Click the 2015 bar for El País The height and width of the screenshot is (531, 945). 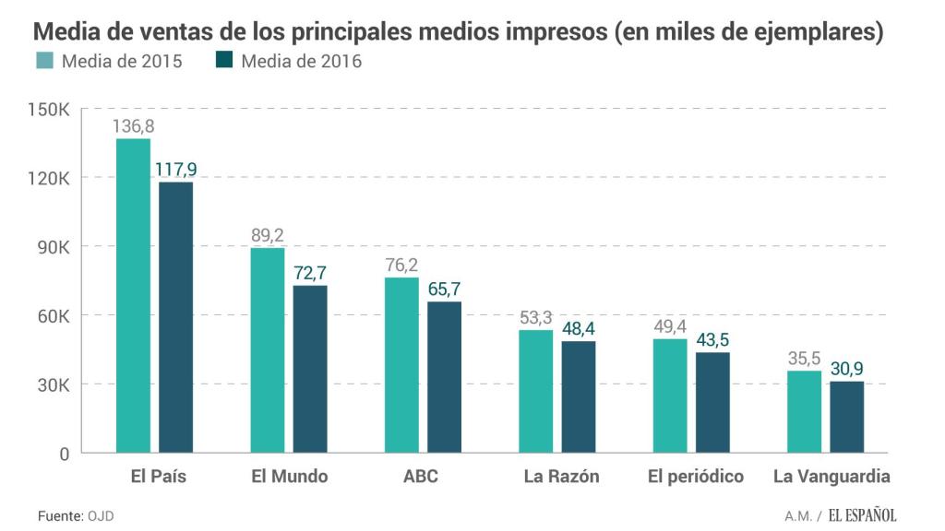pyautogui.click(x=133, y=295)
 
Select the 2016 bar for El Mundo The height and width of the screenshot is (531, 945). pyautogui.click(x=310, y=369)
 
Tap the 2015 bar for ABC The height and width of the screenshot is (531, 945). pyautogui.click(x=401, y=365)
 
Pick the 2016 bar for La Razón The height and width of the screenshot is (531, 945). pyautogui.click(x=579, y=396)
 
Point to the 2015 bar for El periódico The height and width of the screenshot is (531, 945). pyautogui.click(x=670, y=396)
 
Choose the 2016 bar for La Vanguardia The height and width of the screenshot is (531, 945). pyautogui.click(x=846, y=417)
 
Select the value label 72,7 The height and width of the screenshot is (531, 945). pyautogui.click(x=310, y=274)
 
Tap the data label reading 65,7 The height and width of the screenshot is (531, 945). pyautogui.click(x=444, y=289)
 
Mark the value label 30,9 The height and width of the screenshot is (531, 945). pyautogui.click(x=846, y=369)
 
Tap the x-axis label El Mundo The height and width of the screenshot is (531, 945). pyautogui.click(x=289, y=477)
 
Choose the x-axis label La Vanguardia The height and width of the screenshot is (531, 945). pyautogui.click(x=831, y=477)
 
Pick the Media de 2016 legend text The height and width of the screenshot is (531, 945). pyautogui.click(x=301, y=62)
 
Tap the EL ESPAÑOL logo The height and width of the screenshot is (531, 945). pyautogui.click(x=862, y=515)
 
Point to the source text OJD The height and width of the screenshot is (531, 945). pyautogui.click(x=102, y=515)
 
